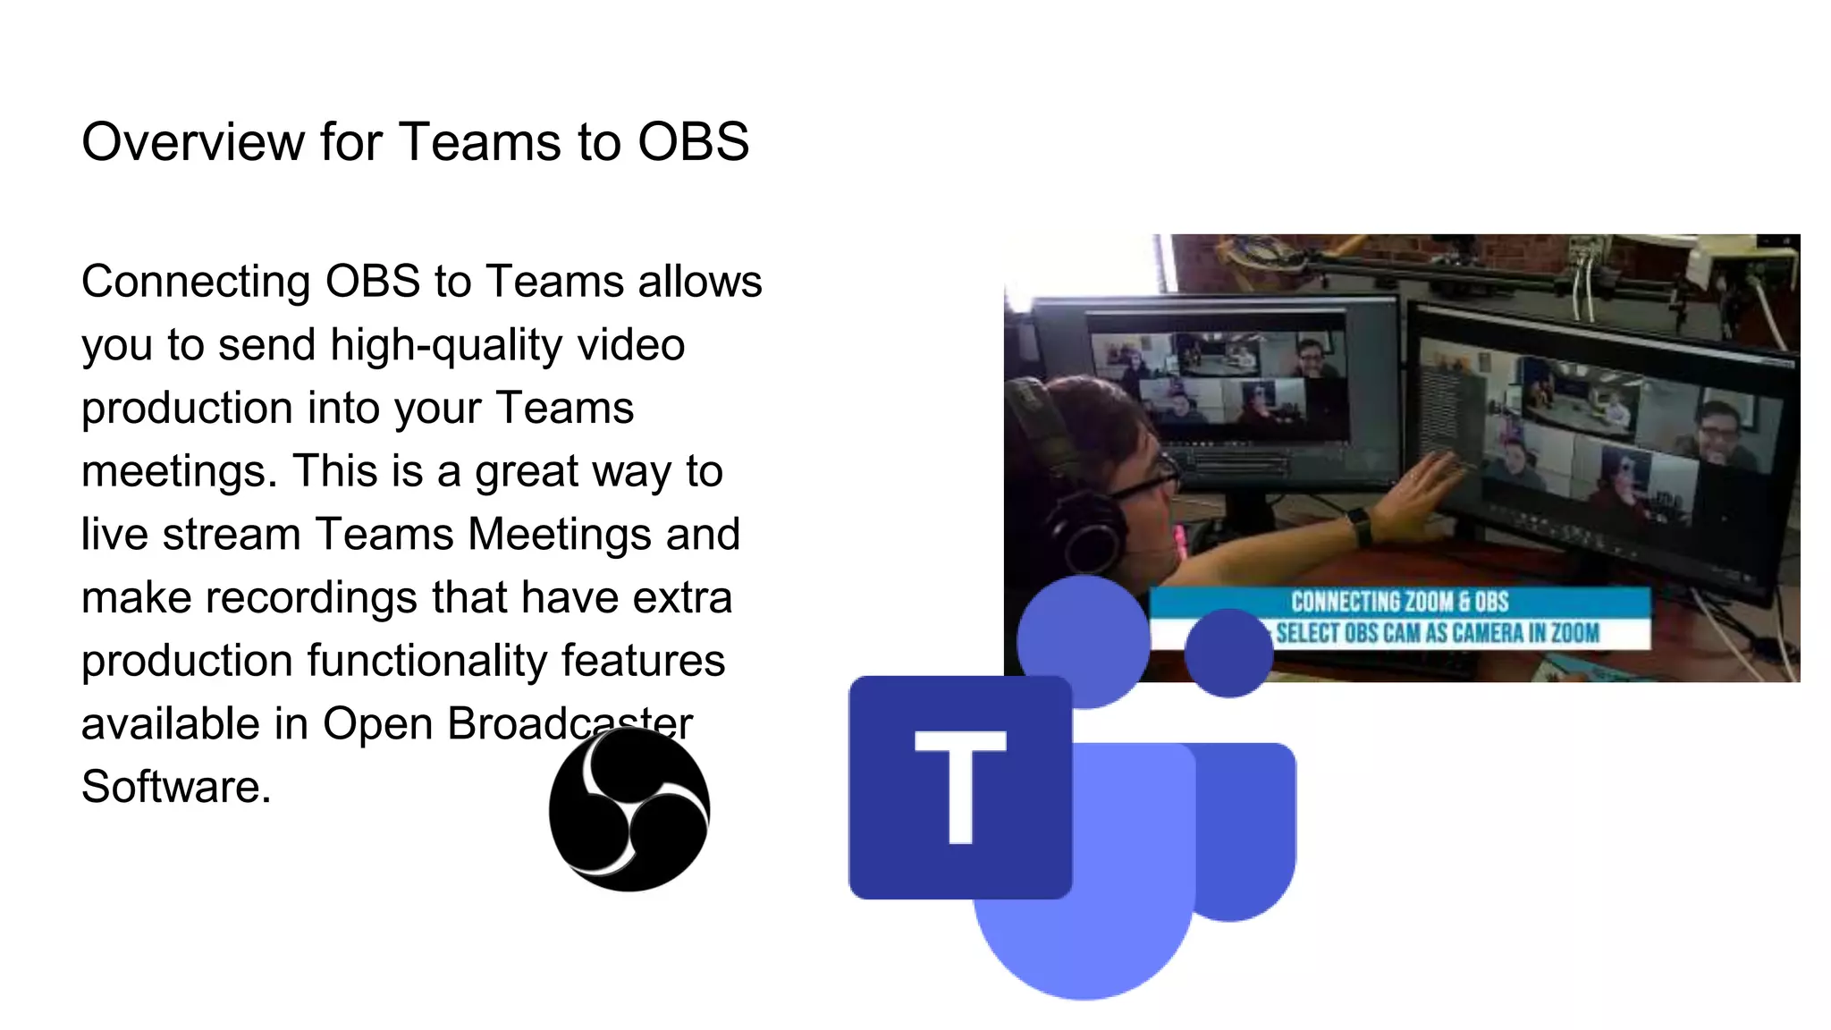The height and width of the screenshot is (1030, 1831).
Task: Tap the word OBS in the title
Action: click(693, 142)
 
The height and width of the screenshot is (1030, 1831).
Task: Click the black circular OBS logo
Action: click(629, 809)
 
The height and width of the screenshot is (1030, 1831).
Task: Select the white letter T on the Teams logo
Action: click(960, 786)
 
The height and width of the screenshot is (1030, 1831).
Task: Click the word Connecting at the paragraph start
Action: click(196, 283)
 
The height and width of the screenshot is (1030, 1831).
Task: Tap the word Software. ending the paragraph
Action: click(176, 787)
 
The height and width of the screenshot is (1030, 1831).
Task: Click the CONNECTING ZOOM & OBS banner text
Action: click(1399, 602)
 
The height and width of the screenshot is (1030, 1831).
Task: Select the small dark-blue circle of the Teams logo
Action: click(1228, 653)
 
